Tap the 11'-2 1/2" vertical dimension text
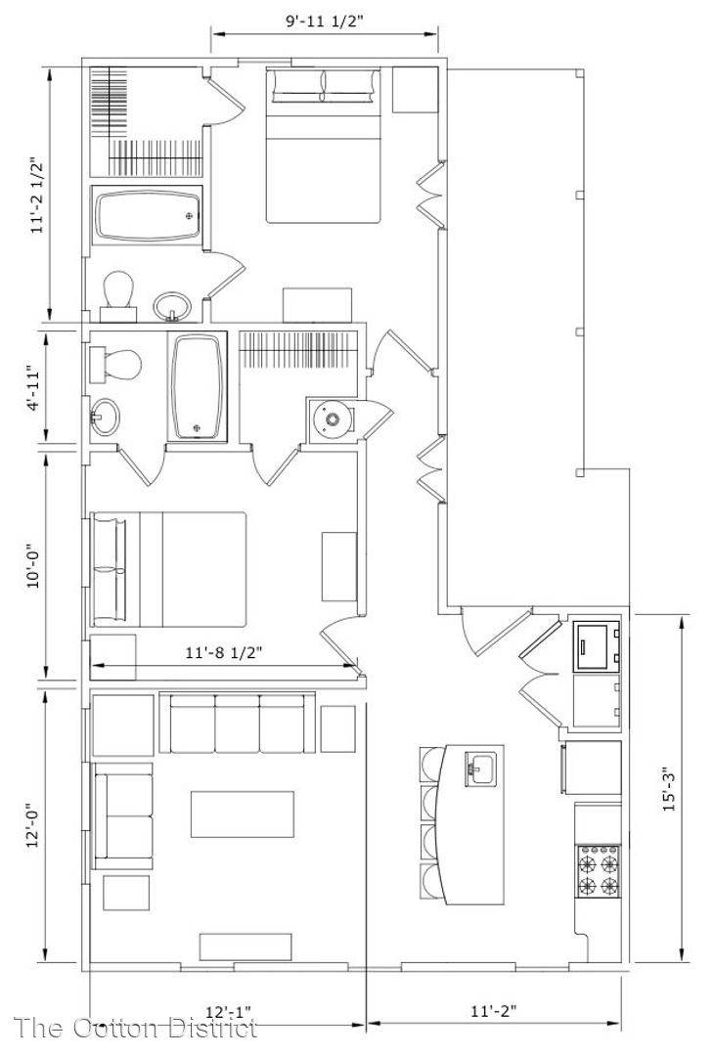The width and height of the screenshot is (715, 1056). tap(38, 196)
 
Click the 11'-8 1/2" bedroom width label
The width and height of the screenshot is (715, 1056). tap(223, 652)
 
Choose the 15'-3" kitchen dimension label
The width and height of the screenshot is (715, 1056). tap(671, 789)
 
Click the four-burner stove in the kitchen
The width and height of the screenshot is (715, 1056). tap(599, 871)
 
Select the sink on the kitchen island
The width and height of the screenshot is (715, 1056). tap(481, 769)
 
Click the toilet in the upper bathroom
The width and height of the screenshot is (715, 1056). tap(119, 295)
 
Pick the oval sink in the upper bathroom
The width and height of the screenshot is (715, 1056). tap(172, 306)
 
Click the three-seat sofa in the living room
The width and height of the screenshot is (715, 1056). tap(238, 723)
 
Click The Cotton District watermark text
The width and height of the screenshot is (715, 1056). tap(136, 1028)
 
